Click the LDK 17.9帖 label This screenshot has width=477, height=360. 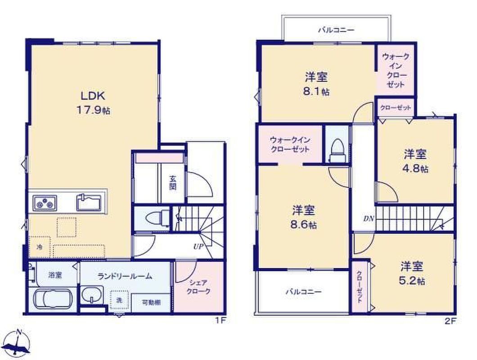[x=93, y=103]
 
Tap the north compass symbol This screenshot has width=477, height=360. [x=18, y=343]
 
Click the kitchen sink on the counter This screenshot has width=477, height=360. [x=89, y=202]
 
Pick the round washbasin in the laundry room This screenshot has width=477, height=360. [x=92, y=295]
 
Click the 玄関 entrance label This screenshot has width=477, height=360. [x=173, y=183]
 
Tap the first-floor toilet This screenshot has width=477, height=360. [x=157, y=218]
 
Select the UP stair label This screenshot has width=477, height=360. [x=198, y=247]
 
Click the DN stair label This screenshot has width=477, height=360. [x=369, y=219]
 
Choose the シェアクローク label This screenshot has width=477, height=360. [x=198, y=287]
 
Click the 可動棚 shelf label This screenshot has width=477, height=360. [x=152, y=302]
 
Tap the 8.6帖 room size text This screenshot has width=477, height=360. [x=304, y=225]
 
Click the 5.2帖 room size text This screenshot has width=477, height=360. [x=412, y=280]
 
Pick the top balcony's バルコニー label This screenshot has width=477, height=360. [x=336, y=30]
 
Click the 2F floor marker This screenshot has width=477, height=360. [x=450, y=321]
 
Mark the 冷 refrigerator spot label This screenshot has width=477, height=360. [x=40, y=247]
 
